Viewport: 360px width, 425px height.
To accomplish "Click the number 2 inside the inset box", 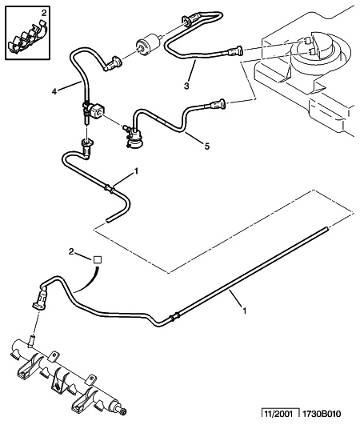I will (x=22, y=14).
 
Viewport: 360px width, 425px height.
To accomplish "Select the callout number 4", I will (x=55, y=92).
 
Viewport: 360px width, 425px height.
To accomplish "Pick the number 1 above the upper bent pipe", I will (x=137, y=170).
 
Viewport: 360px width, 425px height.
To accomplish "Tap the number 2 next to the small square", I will (x=71, y=252).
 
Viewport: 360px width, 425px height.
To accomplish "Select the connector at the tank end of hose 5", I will (x=218, y=102).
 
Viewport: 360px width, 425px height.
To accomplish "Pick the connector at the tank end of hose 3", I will (x=234, y=54).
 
